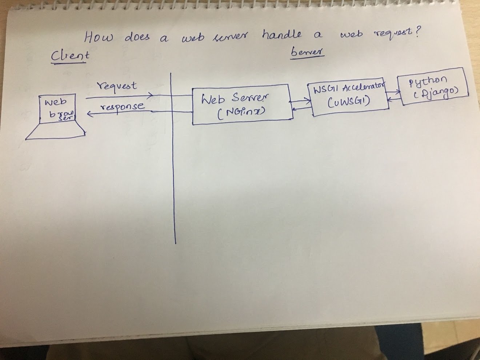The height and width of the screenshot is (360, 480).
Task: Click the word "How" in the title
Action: (x=99, y=37)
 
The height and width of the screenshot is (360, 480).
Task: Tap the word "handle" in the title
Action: (x=281, y=35)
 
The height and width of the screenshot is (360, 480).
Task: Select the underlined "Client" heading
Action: (x=70, y=56)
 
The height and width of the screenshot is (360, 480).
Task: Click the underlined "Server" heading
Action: (x=307, y=52)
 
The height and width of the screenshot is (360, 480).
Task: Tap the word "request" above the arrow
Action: (x=116, y=87)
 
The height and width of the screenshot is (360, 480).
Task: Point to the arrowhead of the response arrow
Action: (x=89, y=114)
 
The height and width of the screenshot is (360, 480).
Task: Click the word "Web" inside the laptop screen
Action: (x=55, y=102)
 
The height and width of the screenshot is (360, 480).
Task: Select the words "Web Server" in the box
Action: (x=235, y=99)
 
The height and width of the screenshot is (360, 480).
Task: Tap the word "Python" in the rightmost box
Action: (x=428, y=81)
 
